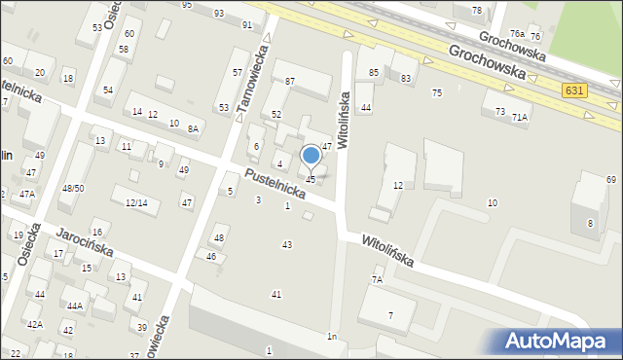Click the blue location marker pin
pyautogui.click(x=311, y=157)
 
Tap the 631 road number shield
pyautogui.click(x=575, y=90)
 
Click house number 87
pyautogui.click(x=289, y=81)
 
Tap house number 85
pyautogui.click(x=374, y=73)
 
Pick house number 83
pyautogui.click(x=405, y=78)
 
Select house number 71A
pyautogui.click(x=521, y=117)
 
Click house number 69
pyautogui.click(x=611, y=180)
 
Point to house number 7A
pyautogui.click(x=377, y=279)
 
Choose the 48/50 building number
pyautogui.click(x=73, y=188)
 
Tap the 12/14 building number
pyautogui.click(x=136, y=202)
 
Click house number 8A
pyautogui.click(x=194, y=128)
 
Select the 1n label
pyautogui.click(x=332, y=337)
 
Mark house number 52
pyautogui.click(x=276, y=115)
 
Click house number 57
pyautogui.click(x=238, y=73)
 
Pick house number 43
pyautogui.click(x=286, y=244)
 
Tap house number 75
pyautogui.click(x=437, y=92)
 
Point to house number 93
pyautogui.click(x=219, y=13)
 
